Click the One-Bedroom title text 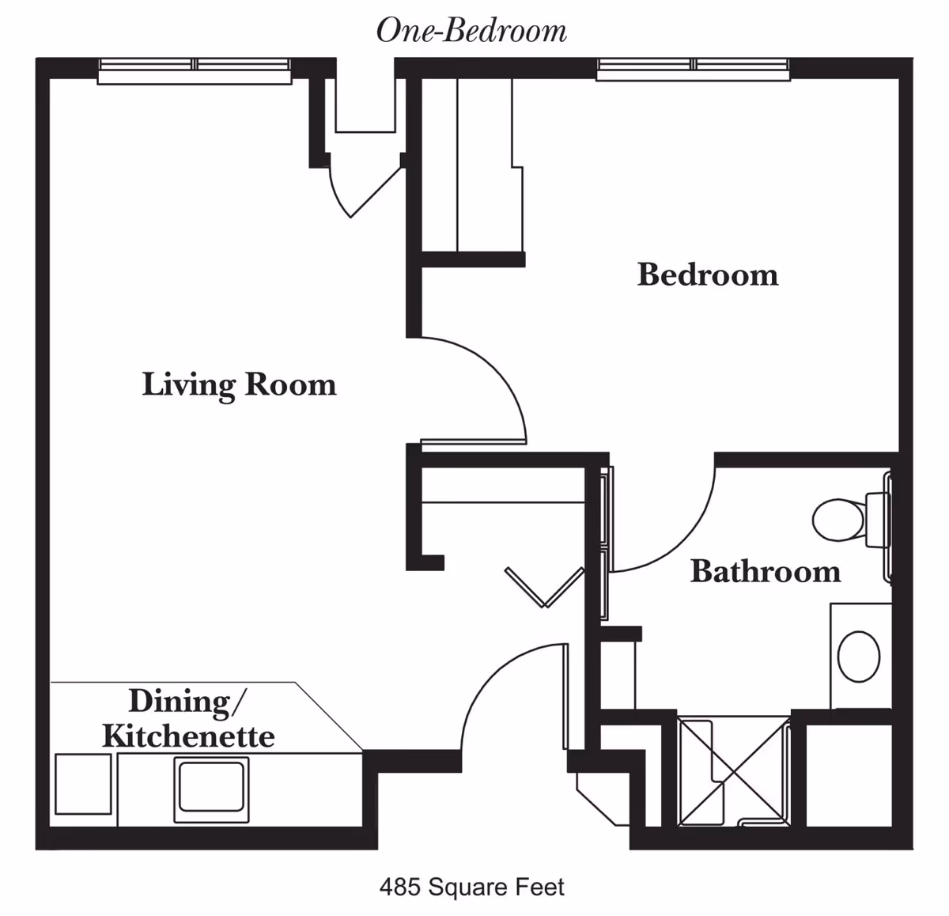[x=471, y=31]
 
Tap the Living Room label [x=239, y=384]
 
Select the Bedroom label [x=708, y=274]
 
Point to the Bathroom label [x=765, y=571]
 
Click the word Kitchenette [x=188, y=736]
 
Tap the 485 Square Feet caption [x=471, y=887]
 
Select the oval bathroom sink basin [x=859, y=656]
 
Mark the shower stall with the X [x=734, y=770]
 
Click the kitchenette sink [x=211, y=788]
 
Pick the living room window [x=195, y=70]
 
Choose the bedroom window [x=693, y=69]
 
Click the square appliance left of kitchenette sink [x=83, y=784]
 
